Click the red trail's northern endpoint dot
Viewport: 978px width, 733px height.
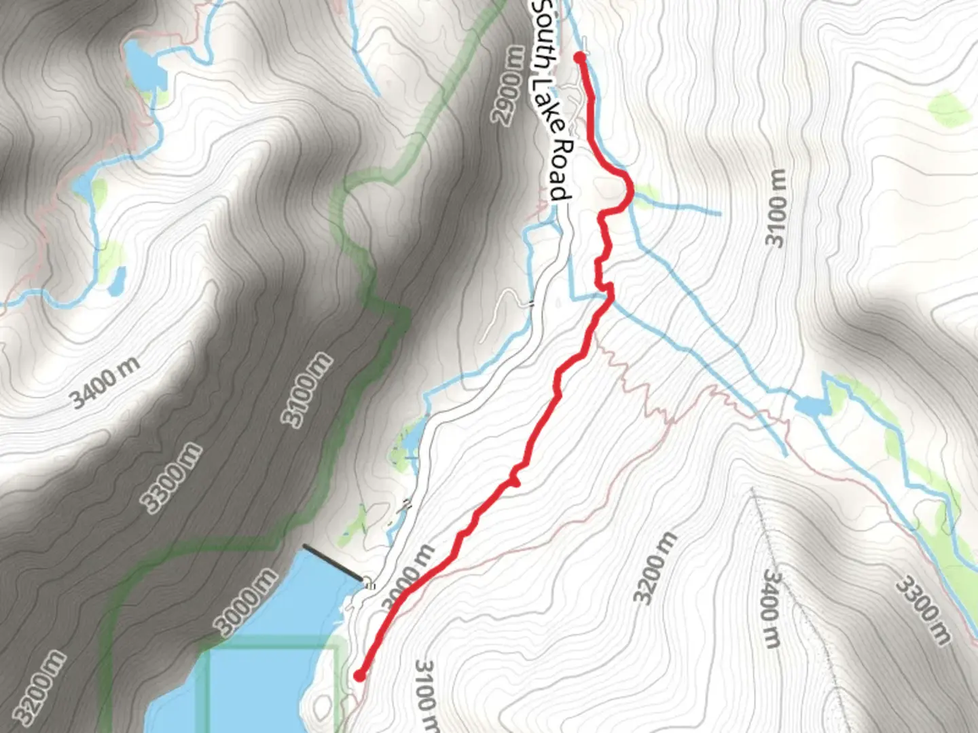click(579, 57)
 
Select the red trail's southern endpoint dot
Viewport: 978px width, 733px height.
click(359, 675)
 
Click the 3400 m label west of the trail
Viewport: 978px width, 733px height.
click(106, 383)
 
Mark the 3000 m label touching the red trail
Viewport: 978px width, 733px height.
click(407, 578)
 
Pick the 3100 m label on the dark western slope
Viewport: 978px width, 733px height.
click(308, 390)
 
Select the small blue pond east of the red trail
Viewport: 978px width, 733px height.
click(811, 407)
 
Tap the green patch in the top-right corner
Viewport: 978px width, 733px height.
click(949, 109)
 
